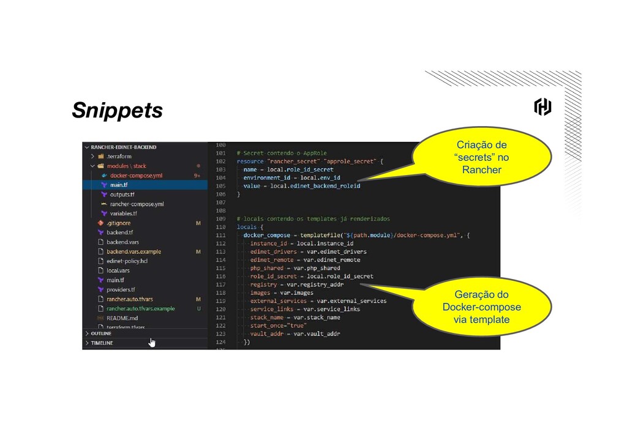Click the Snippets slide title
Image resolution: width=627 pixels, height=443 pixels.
click(x=117, y=111)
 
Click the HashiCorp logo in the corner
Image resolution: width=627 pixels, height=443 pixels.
click(x=543, y=108)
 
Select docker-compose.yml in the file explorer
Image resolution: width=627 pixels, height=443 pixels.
click(x=136, y=176)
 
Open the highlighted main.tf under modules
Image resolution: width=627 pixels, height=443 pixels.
click(x=119, y=185)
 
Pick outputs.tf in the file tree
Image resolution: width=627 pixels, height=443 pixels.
click(x=122, y=195)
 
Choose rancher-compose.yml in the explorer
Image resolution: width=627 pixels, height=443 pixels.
click(x=137, y=204)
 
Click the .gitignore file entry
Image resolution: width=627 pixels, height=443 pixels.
click(x=118, y=223)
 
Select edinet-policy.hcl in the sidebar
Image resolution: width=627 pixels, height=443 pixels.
click(x=127, y=261)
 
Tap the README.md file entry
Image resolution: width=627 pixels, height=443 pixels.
click(x=122, y=318)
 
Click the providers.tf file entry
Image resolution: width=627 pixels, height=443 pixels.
click(x=121, y=290)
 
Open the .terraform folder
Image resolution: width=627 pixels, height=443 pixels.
click(x=119, y=157)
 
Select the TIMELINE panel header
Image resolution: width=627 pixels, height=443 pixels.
click(x=103, y=343)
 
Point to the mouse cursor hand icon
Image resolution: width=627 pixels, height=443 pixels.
click(x=152, y=342)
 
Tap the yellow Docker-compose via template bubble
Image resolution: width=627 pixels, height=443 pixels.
click(x=481, y=307)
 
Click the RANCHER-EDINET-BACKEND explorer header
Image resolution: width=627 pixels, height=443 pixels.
click(x=123, y=147)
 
